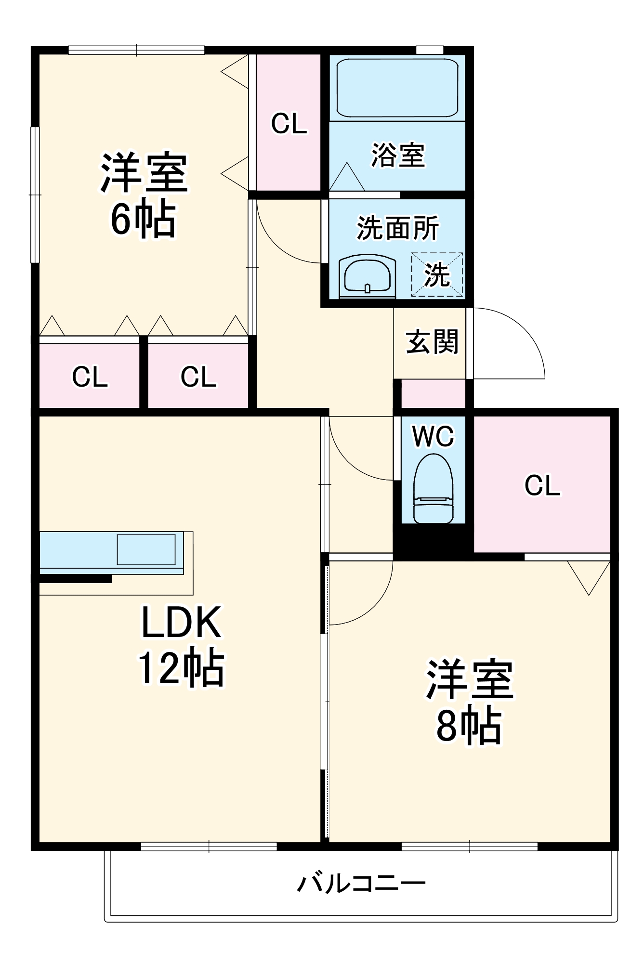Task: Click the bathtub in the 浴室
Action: (x=397, y=88)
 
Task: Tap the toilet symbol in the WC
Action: (x=433, y=489)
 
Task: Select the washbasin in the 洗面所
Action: (x=367, y=277)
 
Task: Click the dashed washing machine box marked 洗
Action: (x=437, y=274)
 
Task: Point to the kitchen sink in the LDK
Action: (x=146, y=549)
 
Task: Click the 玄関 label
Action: (x=432, y=342)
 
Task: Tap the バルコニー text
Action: (x=361, y=884)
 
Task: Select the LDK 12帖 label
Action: (x=181, y=645)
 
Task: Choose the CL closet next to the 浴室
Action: (x=289, y=123)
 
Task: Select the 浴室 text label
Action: (x=398, y=155)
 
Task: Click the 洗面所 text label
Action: (x=398, y=228)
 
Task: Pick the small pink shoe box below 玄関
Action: (x=433, y=393)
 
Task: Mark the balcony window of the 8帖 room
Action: (x=470, y=846)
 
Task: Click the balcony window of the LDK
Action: (x=209, y=846)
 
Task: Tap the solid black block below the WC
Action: (x=433, y=542)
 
